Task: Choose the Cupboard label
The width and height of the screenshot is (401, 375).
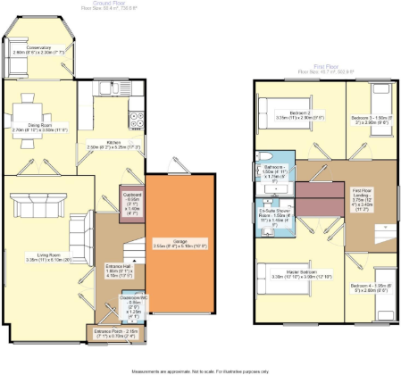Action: [132, 203]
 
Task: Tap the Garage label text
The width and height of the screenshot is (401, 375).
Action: [175, 243]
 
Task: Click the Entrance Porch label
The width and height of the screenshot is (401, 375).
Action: [116, 335]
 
